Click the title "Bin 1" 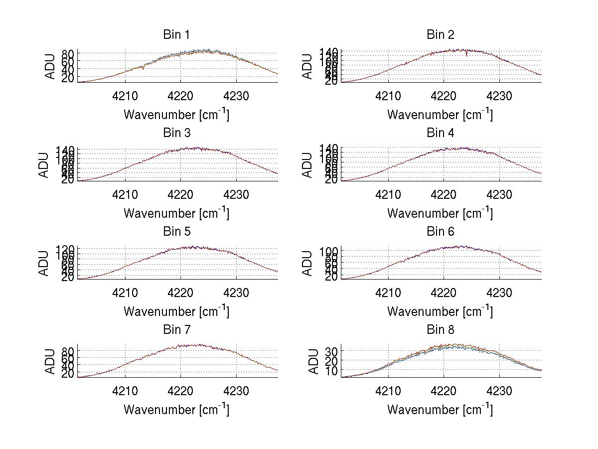point(176,35)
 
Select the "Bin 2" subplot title point(441,35)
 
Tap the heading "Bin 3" point(176,133)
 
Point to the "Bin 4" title point(441,133)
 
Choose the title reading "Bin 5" point(176,232)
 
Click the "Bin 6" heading point(441,232)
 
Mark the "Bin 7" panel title point(176,330)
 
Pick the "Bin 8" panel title point(441,330)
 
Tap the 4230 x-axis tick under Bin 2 point(499,96)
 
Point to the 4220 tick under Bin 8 point(444,391)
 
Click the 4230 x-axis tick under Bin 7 point(236,391)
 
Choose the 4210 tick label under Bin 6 point(388,293)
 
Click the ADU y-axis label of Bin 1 point(50,66)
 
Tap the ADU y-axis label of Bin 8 point(314,361)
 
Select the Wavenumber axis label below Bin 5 point(176,311)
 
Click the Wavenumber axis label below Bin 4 point(440,213)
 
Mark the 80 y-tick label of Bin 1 point(68,54)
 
